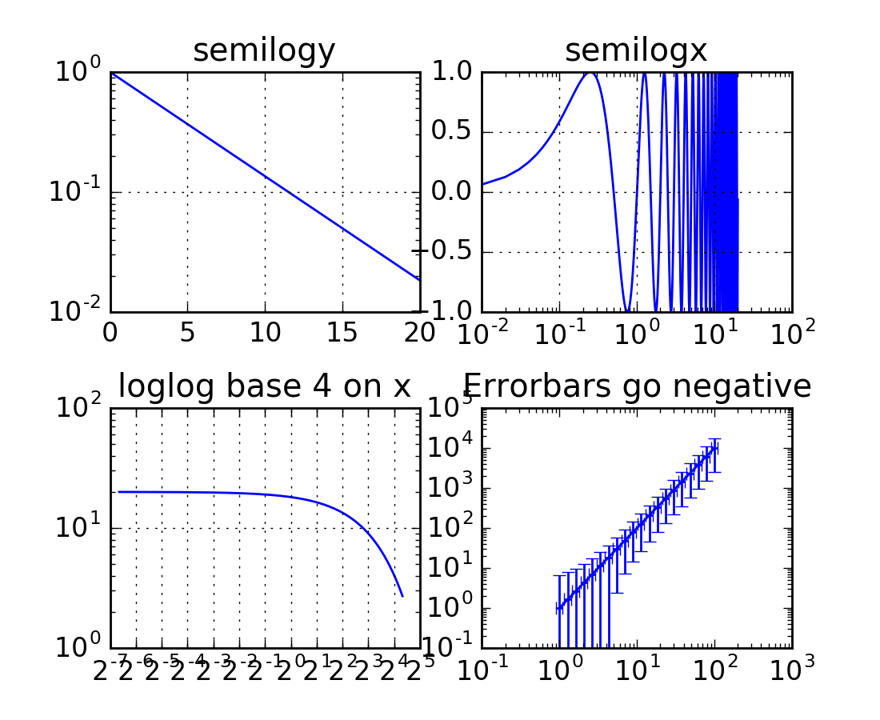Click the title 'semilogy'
click(x=264, y=51)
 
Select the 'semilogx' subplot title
click(x=636, y=51)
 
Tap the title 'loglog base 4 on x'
click(x=264, y=386)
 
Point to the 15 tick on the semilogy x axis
click(x=342, y=333)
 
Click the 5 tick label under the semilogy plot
click(x=187, y=333)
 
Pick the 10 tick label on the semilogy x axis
click(x=264, y=333)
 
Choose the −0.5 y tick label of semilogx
click(x=448, y=252)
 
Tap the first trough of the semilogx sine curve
click(x=627, y=311)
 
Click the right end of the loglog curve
click(x=402, y=596)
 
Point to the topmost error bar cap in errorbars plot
click(x=714, y=438)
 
